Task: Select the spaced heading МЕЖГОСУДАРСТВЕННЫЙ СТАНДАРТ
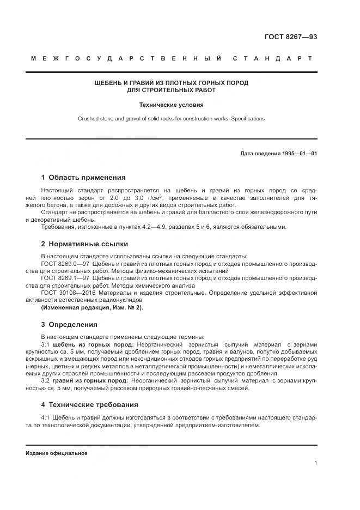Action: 172,58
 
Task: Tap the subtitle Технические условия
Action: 171,104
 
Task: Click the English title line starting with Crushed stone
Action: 171,118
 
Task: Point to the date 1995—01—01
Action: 298,153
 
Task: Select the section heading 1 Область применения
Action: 83,177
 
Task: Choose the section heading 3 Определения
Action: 69,325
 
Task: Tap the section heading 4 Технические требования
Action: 90,405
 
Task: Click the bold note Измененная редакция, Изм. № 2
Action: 92,307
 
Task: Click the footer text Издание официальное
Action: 57,453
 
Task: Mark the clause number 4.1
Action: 45,417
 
